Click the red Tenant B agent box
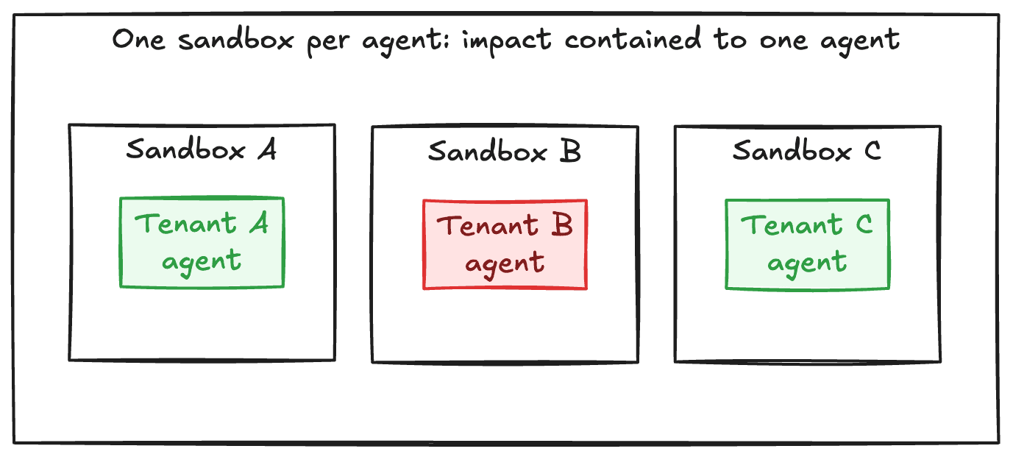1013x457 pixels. (x=505, y=244)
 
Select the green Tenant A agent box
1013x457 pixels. (x=202, y=242)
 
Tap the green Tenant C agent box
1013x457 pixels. (x=807, y=244)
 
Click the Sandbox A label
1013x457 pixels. (x=202, y=149)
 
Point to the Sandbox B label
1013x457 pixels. (x=504, y=151)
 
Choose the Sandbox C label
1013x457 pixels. (x=807, y=150)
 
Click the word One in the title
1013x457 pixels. (x=138, y=39)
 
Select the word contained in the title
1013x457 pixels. (x=633, y=38)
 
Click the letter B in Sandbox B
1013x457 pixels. (x=570, y=151)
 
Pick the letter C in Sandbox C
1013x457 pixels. (x=872, y=150)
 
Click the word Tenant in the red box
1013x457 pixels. (x=488, y=225)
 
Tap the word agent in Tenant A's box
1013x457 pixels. (x=202, y=262)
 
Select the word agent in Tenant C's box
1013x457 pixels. (x=807, y=263)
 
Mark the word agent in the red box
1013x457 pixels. (x=505, y=264)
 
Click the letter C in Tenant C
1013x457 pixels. (x=864, y=224)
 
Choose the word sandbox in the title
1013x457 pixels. (x=236, y=39)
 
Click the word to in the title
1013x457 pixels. (x=731, y=39)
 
